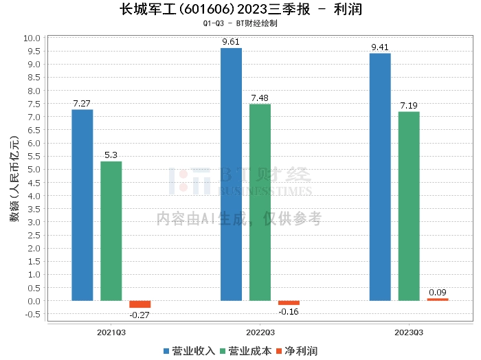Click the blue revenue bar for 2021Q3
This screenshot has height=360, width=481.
pyautogui.click(x=82, y=205)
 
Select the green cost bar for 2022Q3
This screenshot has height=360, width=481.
pyautogui.click(x=260, y=203)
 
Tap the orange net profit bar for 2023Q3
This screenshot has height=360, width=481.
pyautogui.click(x=438, y=300)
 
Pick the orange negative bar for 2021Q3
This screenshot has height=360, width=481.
pyautogui.click(x=140, y=304)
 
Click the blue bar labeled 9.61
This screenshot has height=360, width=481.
pyautogui.click(x=232, y=175)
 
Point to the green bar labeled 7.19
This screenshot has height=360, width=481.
pyautogui.click(x=409, y=206)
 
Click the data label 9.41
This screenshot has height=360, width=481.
pyautogui.click(x=380, y=47)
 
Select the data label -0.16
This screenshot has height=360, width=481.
pyautogui.click(x=289, y=312)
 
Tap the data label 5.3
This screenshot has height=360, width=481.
pyautogui.click(x=111, y=155)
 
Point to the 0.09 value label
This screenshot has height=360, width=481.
pyautogui.click(x=438, y=293)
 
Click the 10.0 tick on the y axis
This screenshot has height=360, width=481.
pyautogui.click(x=32, y=38)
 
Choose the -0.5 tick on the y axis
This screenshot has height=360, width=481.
pyautogui.click(x=32, y=314)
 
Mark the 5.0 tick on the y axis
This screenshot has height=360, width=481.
pyautogui.click(x=34, y=170)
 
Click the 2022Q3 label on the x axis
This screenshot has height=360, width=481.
pyautogui.click(x=260, y=333)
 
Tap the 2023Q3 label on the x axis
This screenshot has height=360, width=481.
pyautogui.click(x=409, y=333)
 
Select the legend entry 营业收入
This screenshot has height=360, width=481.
pyautogui.click(x=189, y=351)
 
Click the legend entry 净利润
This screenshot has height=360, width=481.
pyautogui.click(x=297, y=351)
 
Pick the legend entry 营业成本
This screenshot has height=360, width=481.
pyautogui.click(x=246, y=351)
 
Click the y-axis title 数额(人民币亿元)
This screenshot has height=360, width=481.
pyautogui.click(x=14, y=179)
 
